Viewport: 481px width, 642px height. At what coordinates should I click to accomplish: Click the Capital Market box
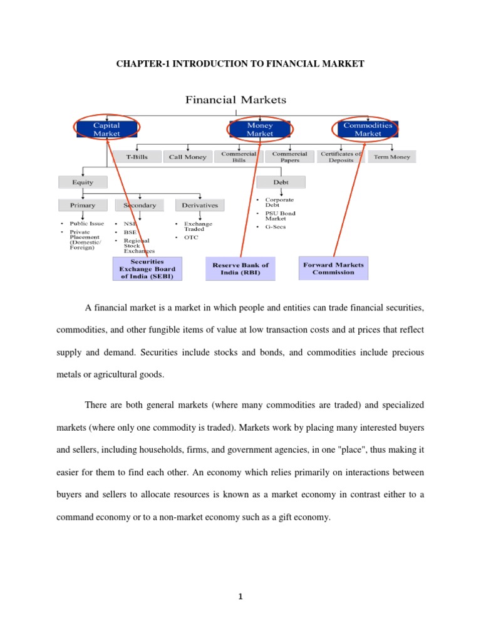point(106,129)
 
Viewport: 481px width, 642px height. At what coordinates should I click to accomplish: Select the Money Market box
point(260,129)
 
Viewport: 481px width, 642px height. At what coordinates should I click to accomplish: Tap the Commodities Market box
point(368,129)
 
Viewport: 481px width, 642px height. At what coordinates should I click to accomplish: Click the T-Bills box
point(137,157)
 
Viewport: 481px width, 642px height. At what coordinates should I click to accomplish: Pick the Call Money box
point(187,157)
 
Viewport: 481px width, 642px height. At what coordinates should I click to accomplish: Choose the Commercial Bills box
point(239,157)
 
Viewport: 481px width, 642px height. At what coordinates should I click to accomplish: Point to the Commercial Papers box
point(289,157)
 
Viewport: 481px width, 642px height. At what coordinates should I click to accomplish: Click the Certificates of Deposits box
point(341,157)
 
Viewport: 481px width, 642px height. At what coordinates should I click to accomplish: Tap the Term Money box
point(391,157)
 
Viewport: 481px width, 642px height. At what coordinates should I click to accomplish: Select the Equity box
point(83,182)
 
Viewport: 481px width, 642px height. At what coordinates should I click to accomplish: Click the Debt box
point(281,182)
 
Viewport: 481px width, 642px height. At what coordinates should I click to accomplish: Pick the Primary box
point(83,205)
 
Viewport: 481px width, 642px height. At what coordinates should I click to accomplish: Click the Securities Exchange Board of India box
point(147,268)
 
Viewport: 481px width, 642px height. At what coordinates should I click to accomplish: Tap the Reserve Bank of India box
point(240,268)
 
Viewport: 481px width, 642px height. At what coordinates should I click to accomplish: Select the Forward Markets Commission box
point(333,268)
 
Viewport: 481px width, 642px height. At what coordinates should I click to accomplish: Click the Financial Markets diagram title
point(235,100)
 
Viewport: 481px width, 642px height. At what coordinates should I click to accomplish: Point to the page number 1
point(240,597)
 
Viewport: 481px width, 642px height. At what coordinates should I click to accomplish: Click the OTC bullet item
point(191,238)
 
